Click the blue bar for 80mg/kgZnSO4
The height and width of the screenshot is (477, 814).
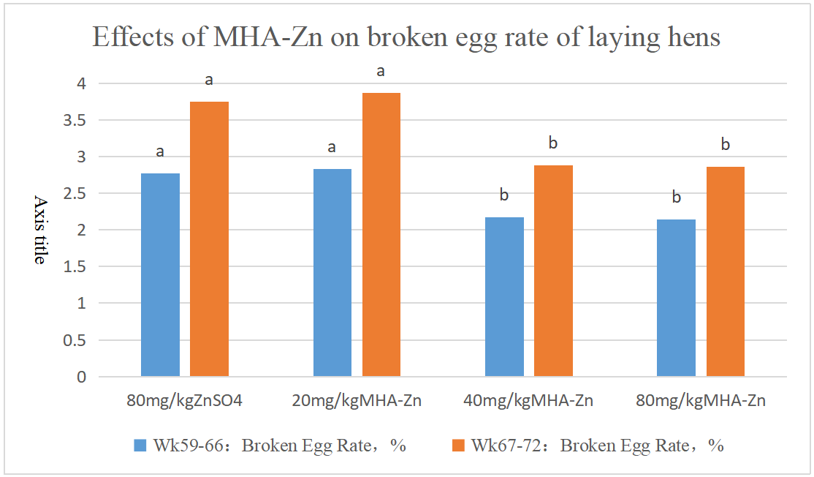coord(160,275)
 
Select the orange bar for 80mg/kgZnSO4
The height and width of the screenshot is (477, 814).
coord(209,239)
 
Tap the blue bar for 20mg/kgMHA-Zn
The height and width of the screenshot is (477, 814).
coord(332,273)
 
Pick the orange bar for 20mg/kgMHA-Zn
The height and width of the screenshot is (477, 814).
coord(381,235)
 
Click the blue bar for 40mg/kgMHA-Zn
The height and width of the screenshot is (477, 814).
coord(504,297)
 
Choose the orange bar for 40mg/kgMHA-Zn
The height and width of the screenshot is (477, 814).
coord(553,271)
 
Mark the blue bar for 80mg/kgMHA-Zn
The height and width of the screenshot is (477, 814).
coord(676,298)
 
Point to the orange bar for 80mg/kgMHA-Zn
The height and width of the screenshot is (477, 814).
coord(725,271)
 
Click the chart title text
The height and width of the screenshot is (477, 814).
coord(406,37)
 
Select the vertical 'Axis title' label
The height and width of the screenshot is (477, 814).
coord(40,230)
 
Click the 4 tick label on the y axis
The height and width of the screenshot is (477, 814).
coord(81,83)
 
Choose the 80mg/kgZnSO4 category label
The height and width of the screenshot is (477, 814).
coord(184,400)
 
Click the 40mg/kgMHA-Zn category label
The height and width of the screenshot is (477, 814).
coord(528,400)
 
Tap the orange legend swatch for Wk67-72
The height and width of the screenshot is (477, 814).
coord(459,445)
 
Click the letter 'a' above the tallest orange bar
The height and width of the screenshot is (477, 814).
coord(381,72)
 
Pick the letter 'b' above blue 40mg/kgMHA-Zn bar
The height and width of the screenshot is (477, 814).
coord(503,195)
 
